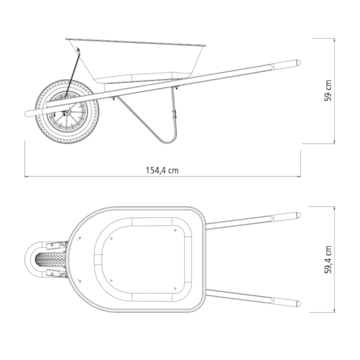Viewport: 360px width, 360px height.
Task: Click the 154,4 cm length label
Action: click(162, 170)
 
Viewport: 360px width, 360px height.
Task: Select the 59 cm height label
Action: click(328, 91)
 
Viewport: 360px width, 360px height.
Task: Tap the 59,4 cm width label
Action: click(328, 260)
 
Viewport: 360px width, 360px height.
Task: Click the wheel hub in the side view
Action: click(67, 112)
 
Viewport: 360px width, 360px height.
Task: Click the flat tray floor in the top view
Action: click(144, 258)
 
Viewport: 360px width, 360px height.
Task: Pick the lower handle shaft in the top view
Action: click(238, 296)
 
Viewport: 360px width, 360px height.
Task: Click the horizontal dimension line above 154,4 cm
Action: click(162, 177)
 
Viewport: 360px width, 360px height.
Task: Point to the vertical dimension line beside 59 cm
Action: click(335, 91)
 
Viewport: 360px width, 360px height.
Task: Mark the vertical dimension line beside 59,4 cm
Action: click(335, 260)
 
